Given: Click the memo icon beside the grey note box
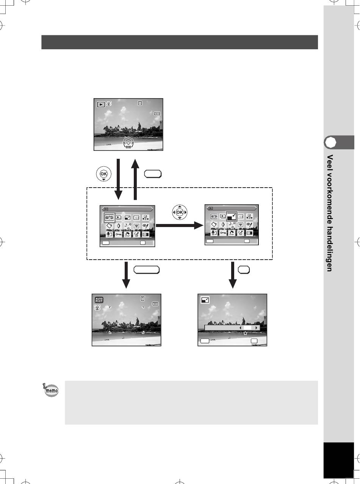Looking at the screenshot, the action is click(x=51, y=390).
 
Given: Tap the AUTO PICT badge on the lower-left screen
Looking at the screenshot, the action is click(x=99, y=300).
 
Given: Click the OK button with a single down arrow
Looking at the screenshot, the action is click(x=103, y=174).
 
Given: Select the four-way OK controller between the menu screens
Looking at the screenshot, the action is click(x=180, y=212).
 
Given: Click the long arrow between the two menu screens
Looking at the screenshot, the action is click(x=180, y=226).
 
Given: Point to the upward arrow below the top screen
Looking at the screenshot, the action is click(x=135, y=179).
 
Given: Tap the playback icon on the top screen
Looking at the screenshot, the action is click(x=101, y=105).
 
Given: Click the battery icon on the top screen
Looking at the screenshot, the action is click(x=157, y=114).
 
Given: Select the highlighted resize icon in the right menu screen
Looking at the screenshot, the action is click(x=232, y=217).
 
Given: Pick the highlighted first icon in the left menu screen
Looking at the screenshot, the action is click(x=109, y=217).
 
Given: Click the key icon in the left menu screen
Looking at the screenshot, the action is click(x=119, y=234).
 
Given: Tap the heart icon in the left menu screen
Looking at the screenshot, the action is click(x=136, y=226).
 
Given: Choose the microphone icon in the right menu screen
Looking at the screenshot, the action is click(x=214, y=233).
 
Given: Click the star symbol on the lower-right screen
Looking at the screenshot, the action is click(x=245, y=333).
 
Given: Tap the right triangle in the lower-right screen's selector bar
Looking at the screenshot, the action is click(x=256, y=328).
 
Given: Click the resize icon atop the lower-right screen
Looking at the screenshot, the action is click(x=205, y=300).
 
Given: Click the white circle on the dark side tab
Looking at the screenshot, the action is click(x=330, y=142).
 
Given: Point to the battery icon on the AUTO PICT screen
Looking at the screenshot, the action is click(x=155, y=304).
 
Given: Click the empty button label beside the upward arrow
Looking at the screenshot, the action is click(x=153, y=174).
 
